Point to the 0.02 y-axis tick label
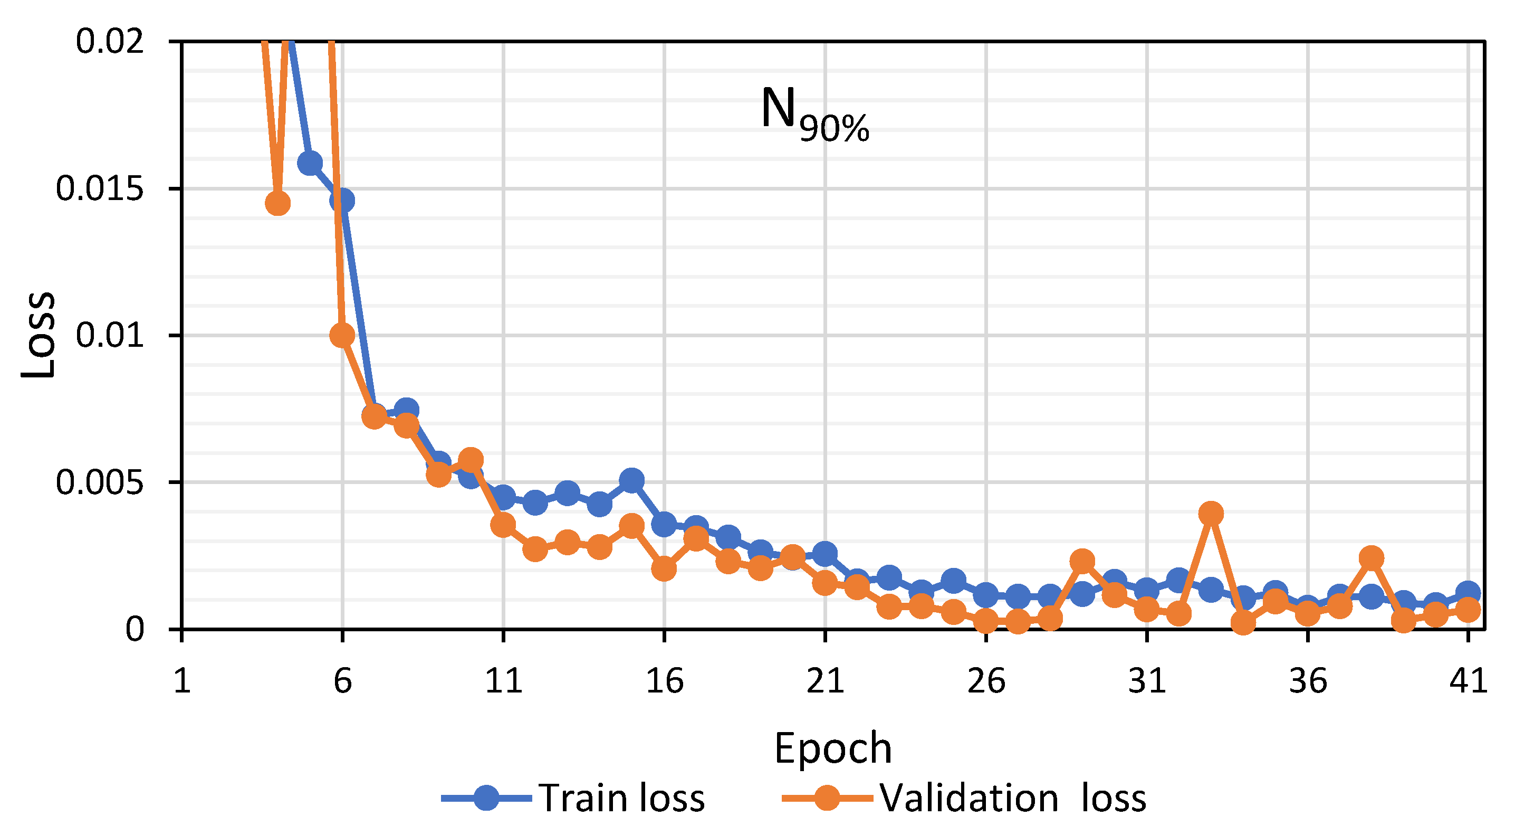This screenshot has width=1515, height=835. (109, 42)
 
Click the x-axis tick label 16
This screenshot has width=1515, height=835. (665, 681)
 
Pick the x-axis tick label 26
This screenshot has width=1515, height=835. (986, 681)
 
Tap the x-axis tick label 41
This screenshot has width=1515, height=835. (1469, 681)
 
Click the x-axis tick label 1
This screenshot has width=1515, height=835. (182, 681)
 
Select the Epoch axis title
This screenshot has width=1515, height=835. (833, 748)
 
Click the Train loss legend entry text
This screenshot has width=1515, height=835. (621, 799)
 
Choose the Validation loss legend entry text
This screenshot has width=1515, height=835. (1013, 799)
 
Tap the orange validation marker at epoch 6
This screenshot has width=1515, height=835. (342, 335)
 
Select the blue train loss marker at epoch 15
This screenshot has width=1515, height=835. (631, 480)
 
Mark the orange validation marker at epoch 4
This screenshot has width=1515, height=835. (277, 203)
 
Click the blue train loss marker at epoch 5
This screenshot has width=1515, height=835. (310, 163)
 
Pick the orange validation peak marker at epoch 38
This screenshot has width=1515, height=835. (1372, 557)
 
